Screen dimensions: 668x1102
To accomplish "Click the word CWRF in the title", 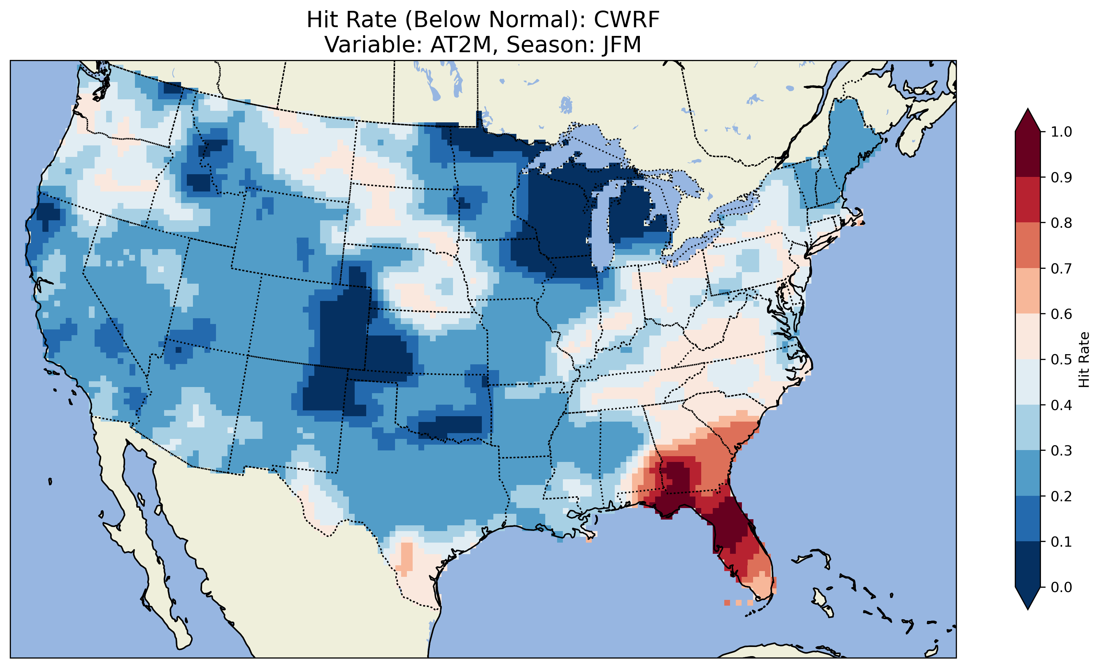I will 626,20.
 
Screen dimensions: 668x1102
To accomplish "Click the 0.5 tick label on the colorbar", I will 1061,360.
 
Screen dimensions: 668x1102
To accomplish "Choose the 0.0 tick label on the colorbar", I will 1061,587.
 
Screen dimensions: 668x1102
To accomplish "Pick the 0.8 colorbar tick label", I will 1061,223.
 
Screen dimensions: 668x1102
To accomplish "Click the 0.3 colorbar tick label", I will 1061,451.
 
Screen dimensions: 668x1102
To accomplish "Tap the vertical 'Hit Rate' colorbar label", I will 1084,360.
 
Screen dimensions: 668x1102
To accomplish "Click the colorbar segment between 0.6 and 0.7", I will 1028,291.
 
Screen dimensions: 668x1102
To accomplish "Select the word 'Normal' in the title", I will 532,20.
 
